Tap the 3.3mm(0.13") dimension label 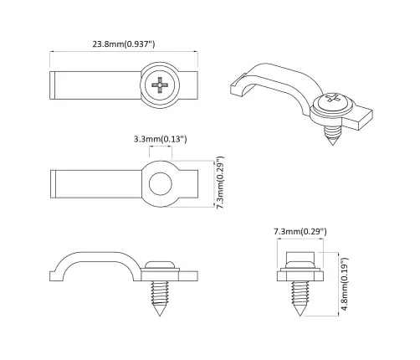tap(160, 137)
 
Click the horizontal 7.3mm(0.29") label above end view tap(300, 229)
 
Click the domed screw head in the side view tap(160, 264)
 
